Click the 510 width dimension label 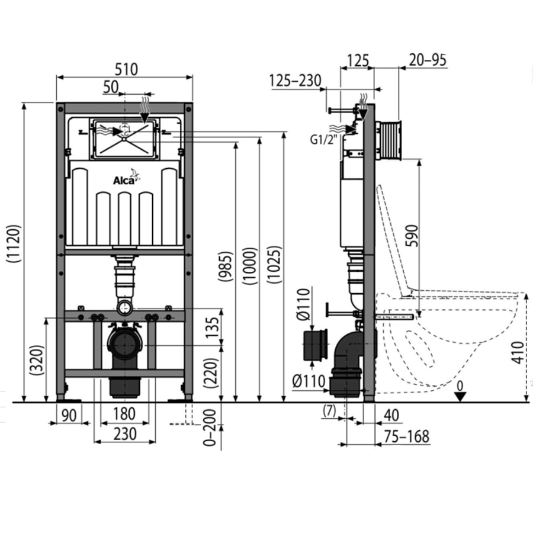click(x=126, y=69)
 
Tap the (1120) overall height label click(x=15, y=243)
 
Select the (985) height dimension click(x=226, y=266)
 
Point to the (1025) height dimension click(x=274, y=265)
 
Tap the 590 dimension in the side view click(x=412, y=236)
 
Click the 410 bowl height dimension click(x=518, y=353)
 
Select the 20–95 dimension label click(x=428, y=60)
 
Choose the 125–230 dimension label click(x=295, y=81)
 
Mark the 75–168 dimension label click(x=407, y=436)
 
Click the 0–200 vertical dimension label click(x=210, y=427)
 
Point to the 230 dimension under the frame click(x=125, y=434)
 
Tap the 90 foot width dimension click(x=69, y=415)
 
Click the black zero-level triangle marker click(x=460, y=396)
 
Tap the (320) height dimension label click(x=37, y=360)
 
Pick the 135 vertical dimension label click(x=213, y=327)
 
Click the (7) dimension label click(x=329, y=410)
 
